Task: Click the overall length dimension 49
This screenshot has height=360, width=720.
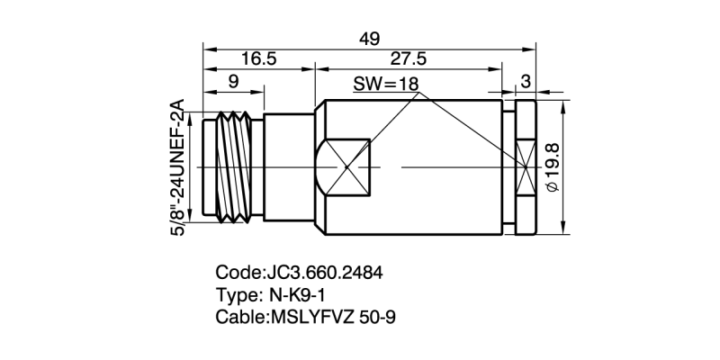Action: pyautogui.click(x=369, y=39)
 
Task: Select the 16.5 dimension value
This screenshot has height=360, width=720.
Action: pyautogui.click(x=257, y=59)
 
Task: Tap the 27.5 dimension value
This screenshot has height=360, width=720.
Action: pyautogui.click(x=408, y=59)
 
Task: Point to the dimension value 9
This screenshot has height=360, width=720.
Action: pyautogui.click(x=233, y=82)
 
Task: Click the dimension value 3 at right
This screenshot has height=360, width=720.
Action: pyautogui.click(x=526, y=82)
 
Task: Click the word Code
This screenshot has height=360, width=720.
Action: pyautogui.click(x=236, y=272)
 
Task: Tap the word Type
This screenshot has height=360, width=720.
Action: pyautogui.click(x=237, y=294)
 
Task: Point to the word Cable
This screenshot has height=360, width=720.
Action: pyautogui.click(x=238, y=317)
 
